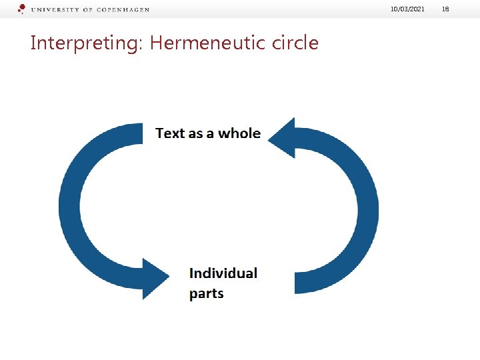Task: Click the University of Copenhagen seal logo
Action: (x=22, y=9)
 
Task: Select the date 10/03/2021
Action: (x=408, y=9)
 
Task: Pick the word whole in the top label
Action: (x=239, y=133)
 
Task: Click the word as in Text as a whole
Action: (x=195, y=134)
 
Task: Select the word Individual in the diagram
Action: (x=223, y=273)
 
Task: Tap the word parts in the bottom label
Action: (x=207, y=293)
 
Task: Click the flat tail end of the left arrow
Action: (x=142, y=133)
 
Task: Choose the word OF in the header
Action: (x=89, y=10)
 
